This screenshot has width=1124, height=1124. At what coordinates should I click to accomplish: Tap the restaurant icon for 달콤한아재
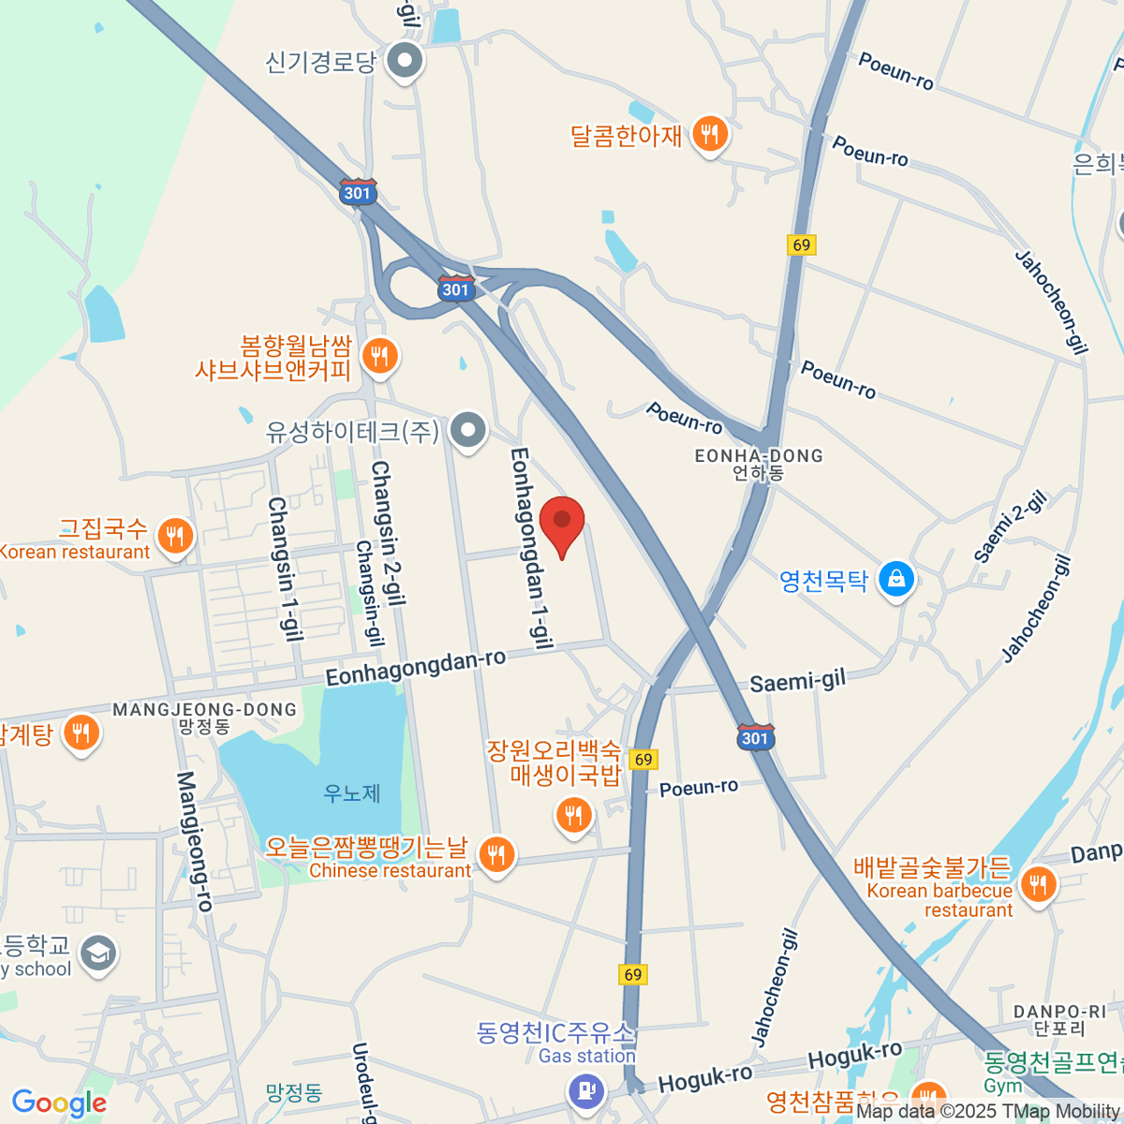(710, 135)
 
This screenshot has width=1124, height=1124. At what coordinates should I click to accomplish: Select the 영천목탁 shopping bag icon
(896, 580)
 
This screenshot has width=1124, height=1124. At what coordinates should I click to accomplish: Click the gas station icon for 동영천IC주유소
(587, 1090)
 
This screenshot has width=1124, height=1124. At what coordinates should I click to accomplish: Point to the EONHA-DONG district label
(759, 456)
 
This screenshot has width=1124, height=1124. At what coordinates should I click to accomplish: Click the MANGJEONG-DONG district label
(204, 710)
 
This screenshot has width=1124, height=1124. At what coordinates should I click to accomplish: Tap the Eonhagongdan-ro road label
(416, 667)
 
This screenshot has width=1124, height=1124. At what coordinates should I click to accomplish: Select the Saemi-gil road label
(797, 681)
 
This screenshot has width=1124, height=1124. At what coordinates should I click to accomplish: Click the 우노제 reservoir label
(352, 793)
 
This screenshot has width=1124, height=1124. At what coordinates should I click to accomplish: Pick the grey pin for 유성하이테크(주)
(468, 431)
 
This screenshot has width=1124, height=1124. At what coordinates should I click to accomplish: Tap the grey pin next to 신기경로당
(406, 62)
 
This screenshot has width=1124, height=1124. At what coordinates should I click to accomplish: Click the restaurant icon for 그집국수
(175, 537)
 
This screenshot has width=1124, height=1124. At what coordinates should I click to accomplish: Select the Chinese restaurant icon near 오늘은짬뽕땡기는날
(496, 853)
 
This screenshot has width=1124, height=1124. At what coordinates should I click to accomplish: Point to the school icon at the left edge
(97, 954)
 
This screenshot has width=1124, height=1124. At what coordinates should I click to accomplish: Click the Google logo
(59, 1102)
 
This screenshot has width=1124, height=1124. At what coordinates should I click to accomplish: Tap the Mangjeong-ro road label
(196, 841)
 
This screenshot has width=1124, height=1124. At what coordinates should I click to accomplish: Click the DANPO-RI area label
(1058, 1012)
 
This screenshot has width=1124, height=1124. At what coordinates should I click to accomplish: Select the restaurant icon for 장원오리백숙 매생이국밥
(573, 815)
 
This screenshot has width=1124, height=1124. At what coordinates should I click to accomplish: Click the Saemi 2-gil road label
(1011, 526)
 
